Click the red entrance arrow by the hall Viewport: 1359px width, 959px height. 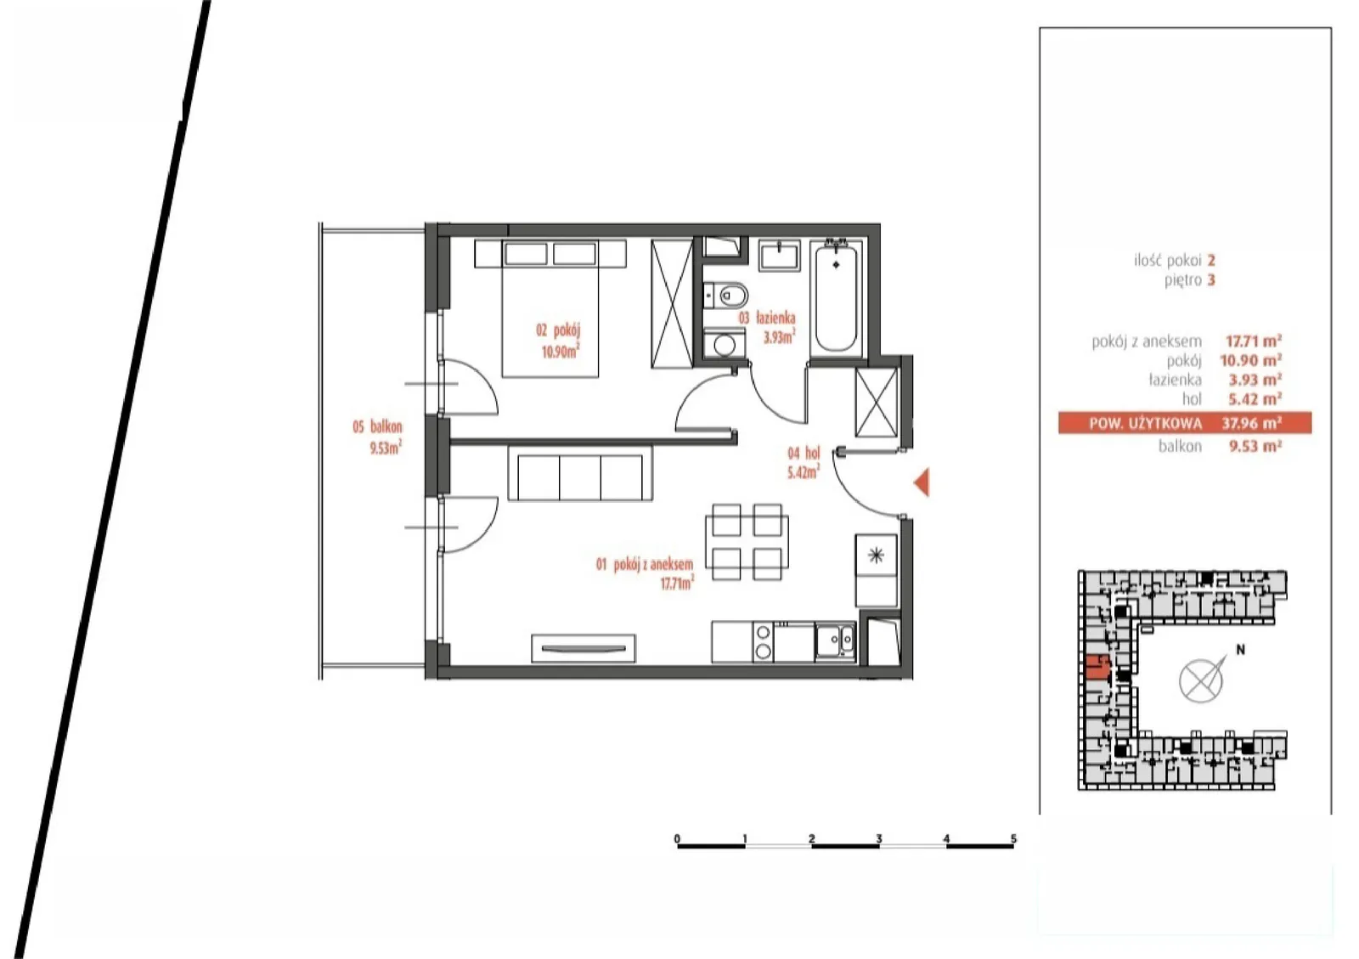point(922,482)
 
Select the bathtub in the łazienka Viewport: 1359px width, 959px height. point(836,298)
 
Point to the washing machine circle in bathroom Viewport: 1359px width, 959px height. point(725,345)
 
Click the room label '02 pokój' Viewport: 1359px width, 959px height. point(558,330)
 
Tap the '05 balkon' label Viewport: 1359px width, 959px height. point(377,426)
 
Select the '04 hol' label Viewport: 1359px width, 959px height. point(804,453)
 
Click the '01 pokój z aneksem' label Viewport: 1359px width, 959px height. point(645,565)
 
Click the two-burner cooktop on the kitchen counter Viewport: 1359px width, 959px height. point(764,642)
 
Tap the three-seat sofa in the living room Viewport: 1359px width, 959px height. point(580,473)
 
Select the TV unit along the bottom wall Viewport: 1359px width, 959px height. point(584,648)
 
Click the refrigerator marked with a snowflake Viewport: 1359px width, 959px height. point(876,570)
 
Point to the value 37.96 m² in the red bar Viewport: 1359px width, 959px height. point(1251,423)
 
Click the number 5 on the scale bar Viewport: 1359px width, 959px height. point(1013,839)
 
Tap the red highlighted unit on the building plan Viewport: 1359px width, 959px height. point(1097,668)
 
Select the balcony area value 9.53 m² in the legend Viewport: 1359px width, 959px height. point(1255,447)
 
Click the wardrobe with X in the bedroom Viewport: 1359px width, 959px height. point(672,303)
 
